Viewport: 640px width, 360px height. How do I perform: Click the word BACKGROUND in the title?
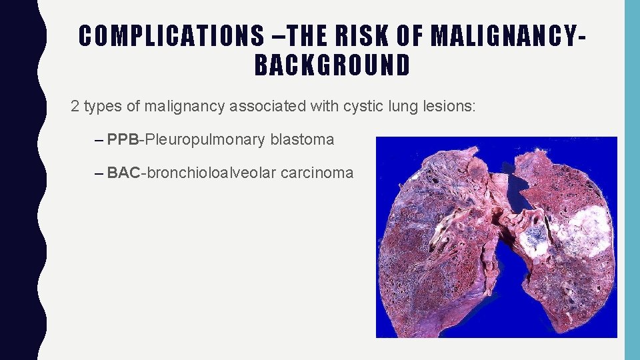tap(333, 65)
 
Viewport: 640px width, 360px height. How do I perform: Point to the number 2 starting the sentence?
tap(75, 106)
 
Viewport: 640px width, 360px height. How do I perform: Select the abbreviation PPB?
tap(123, 139)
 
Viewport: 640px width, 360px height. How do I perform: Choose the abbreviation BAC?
tap(123, 173)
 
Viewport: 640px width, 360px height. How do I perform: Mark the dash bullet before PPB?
tap(99, 140)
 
